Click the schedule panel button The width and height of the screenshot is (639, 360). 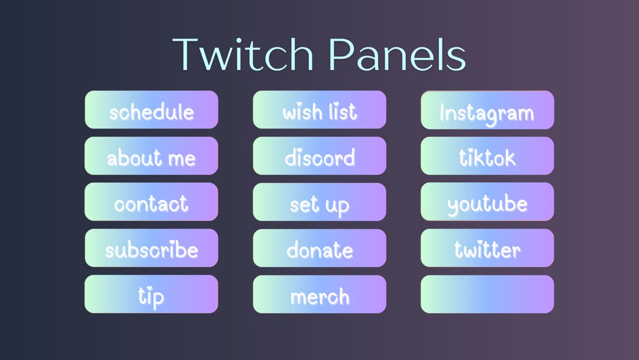click(151, 110)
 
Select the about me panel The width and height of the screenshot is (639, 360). click(151, 156)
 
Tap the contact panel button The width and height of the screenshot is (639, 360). click(151, 202)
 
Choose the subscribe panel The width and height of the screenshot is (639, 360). click(151, 248)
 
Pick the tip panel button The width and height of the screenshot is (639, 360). click(151, 294)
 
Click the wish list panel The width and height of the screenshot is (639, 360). click(319, 110)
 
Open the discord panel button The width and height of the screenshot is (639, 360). click(319, 156)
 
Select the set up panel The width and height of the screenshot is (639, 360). click(319, 202)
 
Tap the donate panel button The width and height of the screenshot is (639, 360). click(319, 248)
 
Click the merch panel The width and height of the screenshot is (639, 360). click(319, 294)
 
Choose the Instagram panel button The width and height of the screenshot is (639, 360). click(488, 110)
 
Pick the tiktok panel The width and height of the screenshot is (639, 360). click(488, 156)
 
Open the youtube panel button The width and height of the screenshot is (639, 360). click(488, 202)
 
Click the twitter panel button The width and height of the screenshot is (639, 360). click(488, 248)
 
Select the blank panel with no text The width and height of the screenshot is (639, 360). click(488, 294)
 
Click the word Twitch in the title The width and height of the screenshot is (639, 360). click(243, 54)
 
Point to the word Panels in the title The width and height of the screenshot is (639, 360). click(397, 54)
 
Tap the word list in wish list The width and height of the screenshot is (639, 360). click(344, 111)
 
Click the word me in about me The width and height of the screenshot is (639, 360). click(181, 158)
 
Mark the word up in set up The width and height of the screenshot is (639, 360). click(336, 205)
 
